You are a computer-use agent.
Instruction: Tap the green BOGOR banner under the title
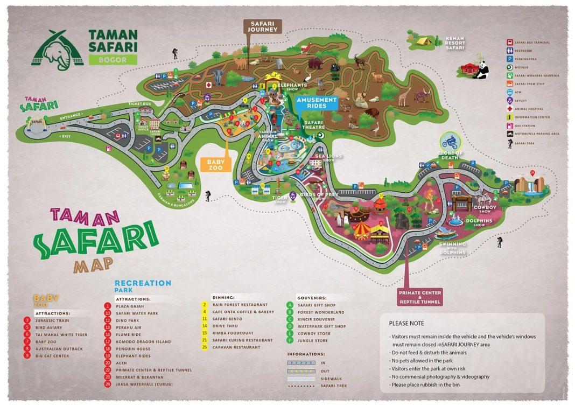113,60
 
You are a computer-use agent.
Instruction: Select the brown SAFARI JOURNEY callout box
263,26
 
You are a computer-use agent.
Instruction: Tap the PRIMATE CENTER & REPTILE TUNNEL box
420,297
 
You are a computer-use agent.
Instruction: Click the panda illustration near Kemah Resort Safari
481,69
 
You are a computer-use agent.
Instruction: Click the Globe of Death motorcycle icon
450,143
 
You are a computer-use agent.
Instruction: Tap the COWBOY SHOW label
485,209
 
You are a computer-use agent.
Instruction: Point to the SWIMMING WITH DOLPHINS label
452,248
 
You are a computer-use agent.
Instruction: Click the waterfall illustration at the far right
531,185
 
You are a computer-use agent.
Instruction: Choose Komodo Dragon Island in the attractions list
143,341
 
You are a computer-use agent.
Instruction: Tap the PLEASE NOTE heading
406,323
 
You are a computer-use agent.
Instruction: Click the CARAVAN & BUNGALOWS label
176,196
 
